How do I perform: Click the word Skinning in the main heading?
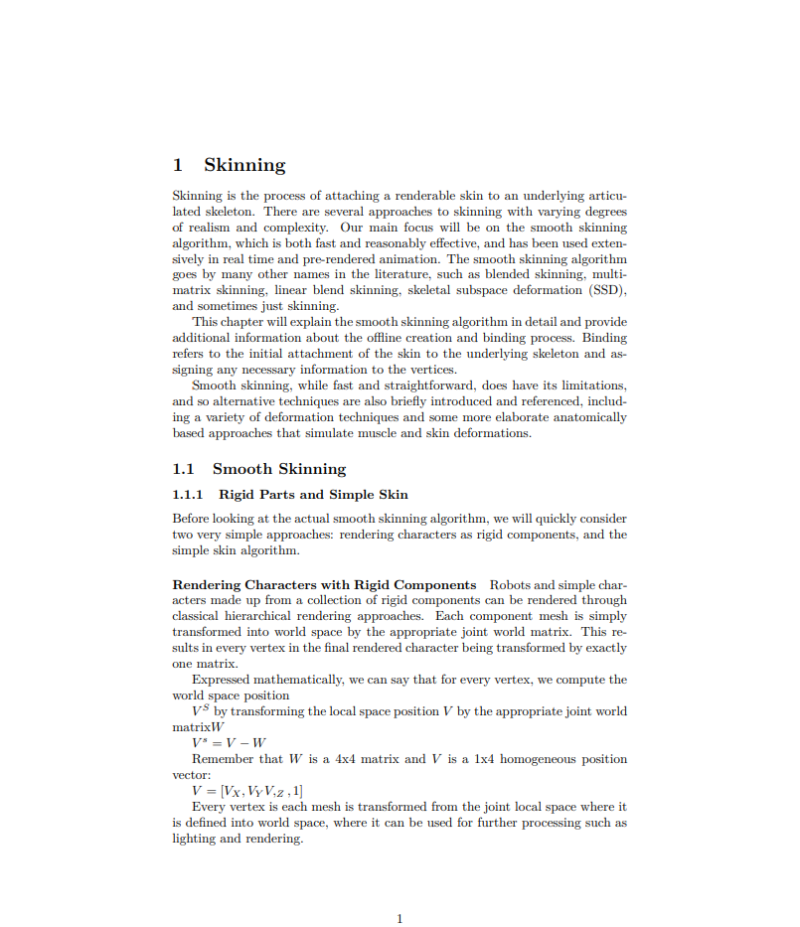click(244, 166)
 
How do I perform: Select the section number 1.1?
click(183, 469)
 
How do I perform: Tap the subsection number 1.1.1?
click(188, 495)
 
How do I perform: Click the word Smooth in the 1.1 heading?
click(242, 469)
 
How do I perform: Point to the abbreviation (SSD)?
click(606, 290)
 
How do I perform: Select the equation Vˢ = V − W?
click(229, 743)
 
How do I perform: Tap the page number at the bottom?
click(400, 919)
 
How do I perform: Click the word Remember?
click(224, 759)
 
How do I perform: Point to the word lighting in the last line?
click(195, 839)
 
